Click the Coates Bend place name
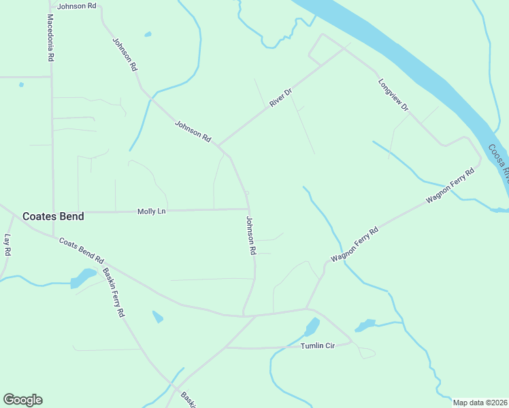coord(53,216)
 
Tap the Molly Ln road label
coord(151,211)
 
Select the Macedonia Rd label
coord(50,37)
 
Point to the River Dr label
coord(280,97)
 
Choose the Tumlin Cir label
coord(318,346)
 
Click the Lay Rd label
coord(8,245)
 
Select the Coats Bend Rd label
coord(81,251)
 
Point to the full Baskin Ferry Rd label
coord(114,293)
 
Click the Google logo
coord(22,400)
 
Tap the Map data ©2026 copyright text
coord(480,403)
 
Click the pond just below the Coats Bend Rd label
coord(82,277)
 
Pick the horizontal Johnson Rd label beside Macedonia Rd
coord(77,6)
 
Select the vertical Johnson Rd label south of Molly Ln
coord(250,235)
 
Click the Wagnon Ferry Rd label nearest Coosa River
coord(450,186)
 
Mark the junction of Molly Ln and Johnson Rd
coord(248,209)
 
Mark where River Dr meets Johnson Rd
coord(218,146)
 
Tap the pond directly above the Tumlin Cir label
coord(312,327)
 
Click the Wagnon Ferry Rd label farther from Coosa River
coord(354,245)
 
